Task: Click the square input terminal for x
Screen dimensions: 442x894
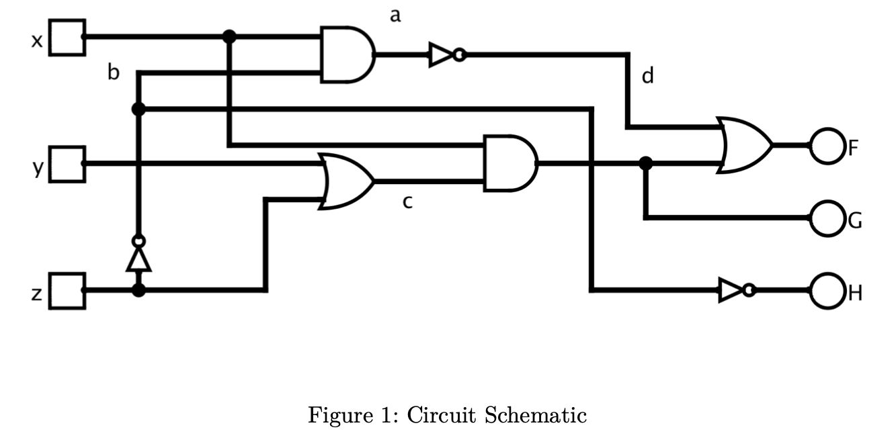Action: pyautogui.click(x=68, y=37)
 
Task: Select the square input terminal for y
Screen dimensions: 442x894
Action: pyautogui.click(x=68, y=164)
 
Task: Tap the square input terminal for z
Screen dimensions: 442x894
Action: pyautogui.click(x=68, y=291)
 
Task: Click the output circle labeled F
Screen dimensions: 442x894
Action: pyautogui.click(x=826, y=145)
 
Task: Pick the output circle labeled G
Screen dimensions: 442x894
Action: pyautogui.click(x=826, y=218)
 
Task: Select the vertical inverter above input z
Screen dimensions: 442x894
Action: pyautogui.click(x=138, y=255)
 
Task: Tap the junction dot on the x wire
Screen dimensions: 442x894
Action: pyautogui.click(x=229, y=36)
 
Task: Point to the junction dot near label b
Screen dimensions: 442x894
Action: pyautogui.click(x=138, y=109)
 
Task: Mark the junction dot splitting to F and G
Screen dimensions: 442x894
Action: pyautogui.click(x=645, y=163)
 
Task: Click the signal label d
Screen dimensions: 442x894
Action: pyautogui.click(x=647, y=77)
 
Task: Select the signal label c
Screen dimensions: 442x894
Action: pyautogui.click(x=407, y=202)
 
